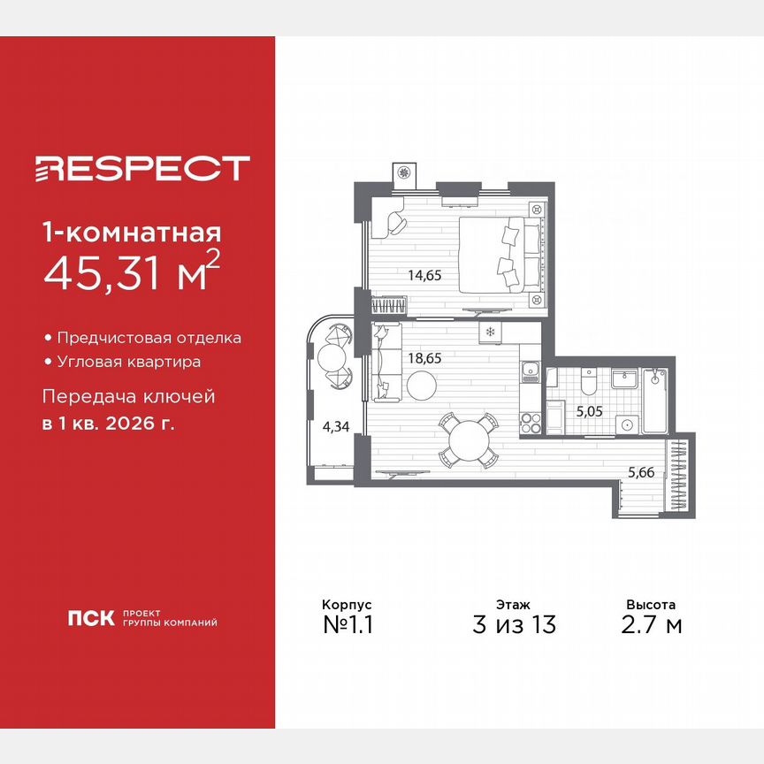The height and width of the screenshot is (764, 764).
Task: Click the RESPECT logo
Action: point(141,168)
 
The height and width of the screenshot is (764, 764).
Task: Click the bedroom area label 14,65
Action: point(424,275)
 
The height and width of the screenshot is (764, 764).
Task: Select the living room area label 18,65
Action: point(424,358)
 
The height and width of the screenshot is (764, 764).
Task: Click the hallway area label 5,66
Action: point(641,473)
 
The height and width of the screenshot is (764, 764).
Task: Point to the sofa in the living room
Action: point(384,358)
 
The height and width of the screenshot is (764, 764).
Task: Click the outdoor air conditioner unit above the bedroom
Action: point(404,174)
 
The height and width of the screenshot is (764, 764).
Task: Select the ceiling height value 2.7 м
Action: point(651,624)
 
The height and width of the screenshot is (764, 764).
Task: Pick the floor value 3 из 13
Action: point(514,624)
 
